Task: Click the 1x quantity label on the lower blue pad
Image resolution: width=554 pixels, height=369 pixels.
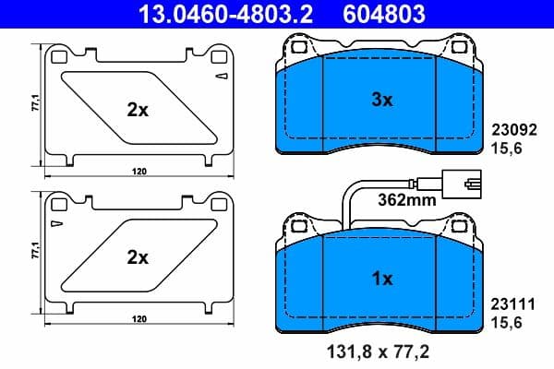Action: click(x=382, y=277)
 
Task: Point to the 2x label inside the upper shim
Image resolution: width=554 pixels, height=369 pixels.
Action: click(x=138, y=110)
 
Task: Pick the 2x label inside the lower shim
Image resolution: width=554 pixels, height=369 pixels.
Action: click(x=138, y=257)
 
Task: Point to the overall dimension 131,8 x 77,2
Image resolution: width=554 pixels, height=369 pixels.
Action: click(x=381, y=351)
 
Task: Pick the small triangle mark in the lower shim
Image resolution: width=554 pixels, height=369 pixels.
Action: click(x=57, y=224)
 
